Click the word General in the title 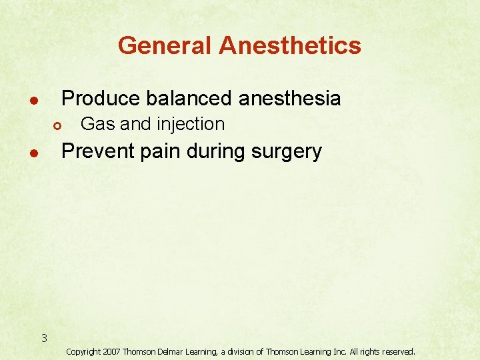tap(165, 46)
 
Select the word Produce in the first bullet tap(101, 99)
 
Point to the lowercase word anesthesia tap(289, 99)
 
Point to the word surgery tap(289, 152)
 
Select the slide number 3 tap(44, 338)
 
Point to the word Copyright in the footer tap(85, 351)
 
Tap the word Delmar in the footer tap(173, 351)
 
